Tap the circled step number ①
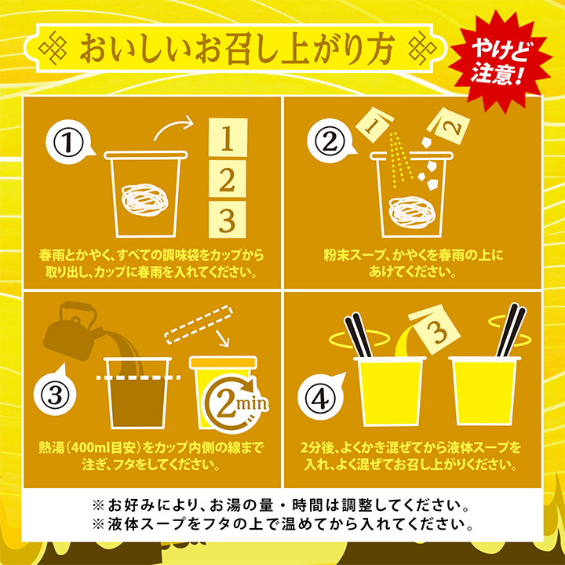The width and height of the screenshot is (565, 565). point(67,142)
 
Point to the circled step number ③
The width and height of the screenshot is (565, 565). point(54,396)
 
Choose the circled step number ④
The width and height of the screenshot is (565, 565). point(318,396)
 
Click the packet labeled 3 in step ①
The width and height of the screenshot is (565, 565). point(227,220)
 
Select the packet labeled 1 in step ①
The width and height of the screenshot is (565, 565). point(228,137)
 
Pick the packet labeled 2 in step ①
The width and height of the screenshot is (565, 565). point(228,178)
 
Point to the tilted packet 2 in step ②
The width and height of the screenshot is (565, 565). point(450,126)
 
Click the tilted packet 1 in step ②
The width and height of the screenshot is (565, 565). point(374,124)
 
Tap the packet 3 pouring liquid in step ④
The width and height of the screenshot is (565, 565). point(435,330)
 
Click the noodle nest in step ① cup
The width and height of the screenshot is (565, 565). point(145,200)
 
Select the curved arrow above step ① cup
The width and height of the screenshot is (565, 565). point(173,128)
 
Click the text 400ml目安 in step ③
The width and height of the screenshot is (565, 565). point(105,448)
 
